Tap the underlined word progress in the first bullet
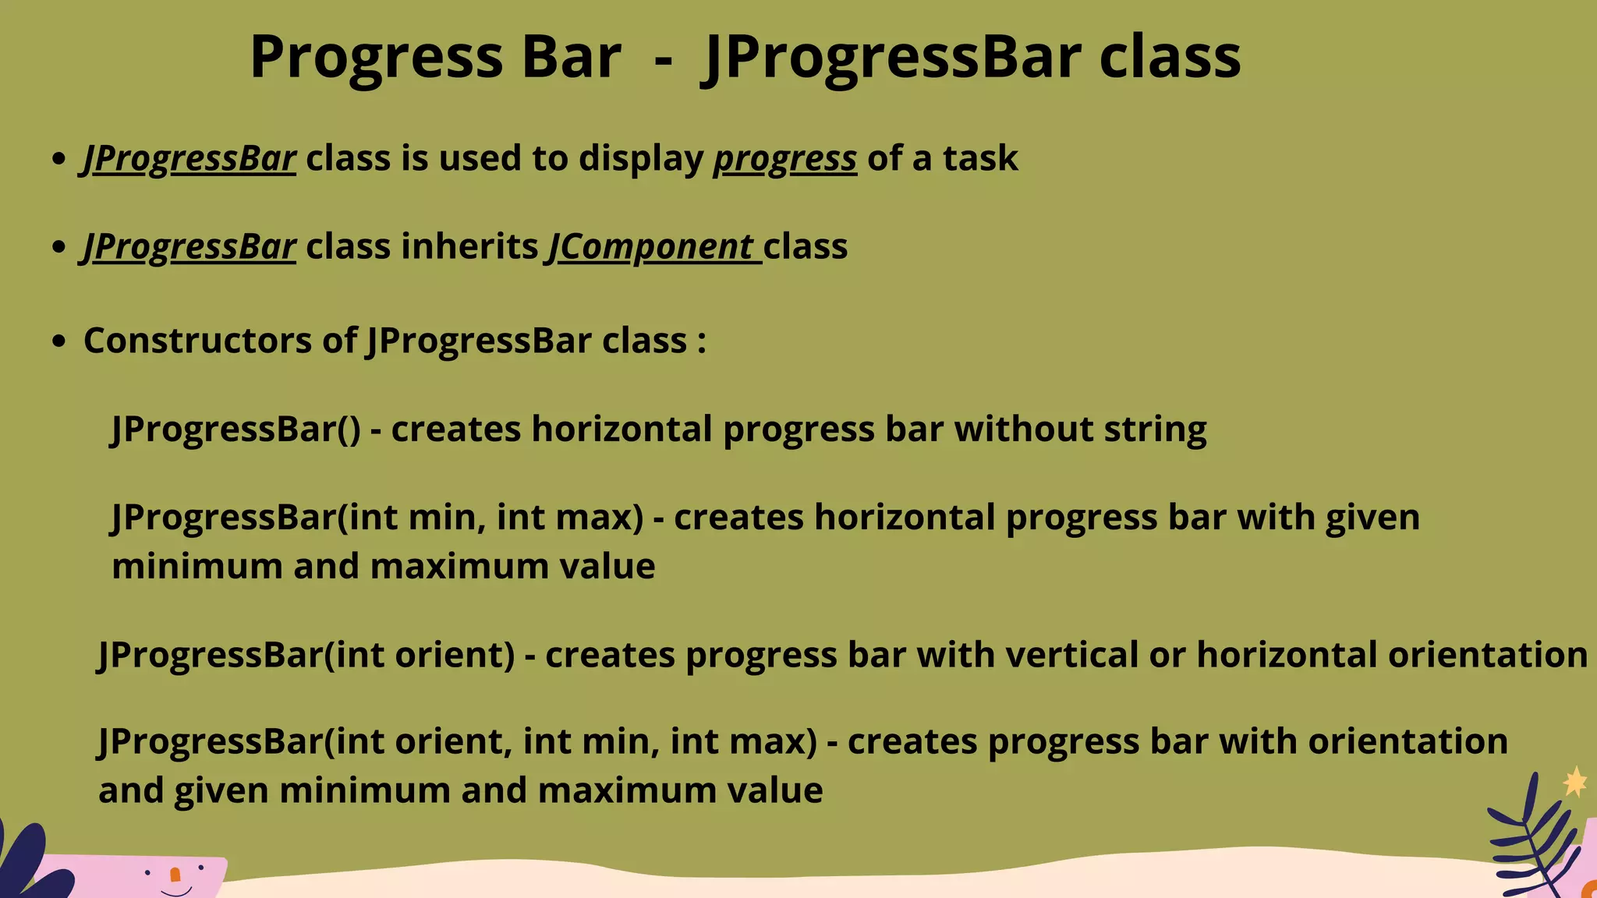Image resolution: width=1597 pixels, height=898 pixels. click(784, 158)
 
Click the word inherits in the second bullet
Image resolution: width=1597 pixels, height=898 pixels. click(469, 246)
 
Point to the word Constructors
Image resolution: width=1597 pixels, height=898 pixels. click(197, 341)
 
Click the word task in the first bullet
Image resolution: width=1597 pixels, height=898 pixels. click(980, 158)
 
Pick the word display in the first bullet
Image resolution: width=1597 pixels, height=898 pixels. click(641, 158)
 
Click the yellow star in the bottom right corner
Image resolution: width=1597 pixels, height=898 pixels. click(1574, 782)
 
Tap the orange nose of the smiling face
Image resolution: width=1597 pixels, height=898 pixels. click(175, 875)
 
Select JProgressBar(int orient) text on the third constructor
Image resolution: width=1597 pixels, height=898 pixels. click(306, 655)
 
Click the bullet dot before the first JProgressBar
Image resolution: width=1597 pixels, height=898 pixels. click(58, 158)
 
